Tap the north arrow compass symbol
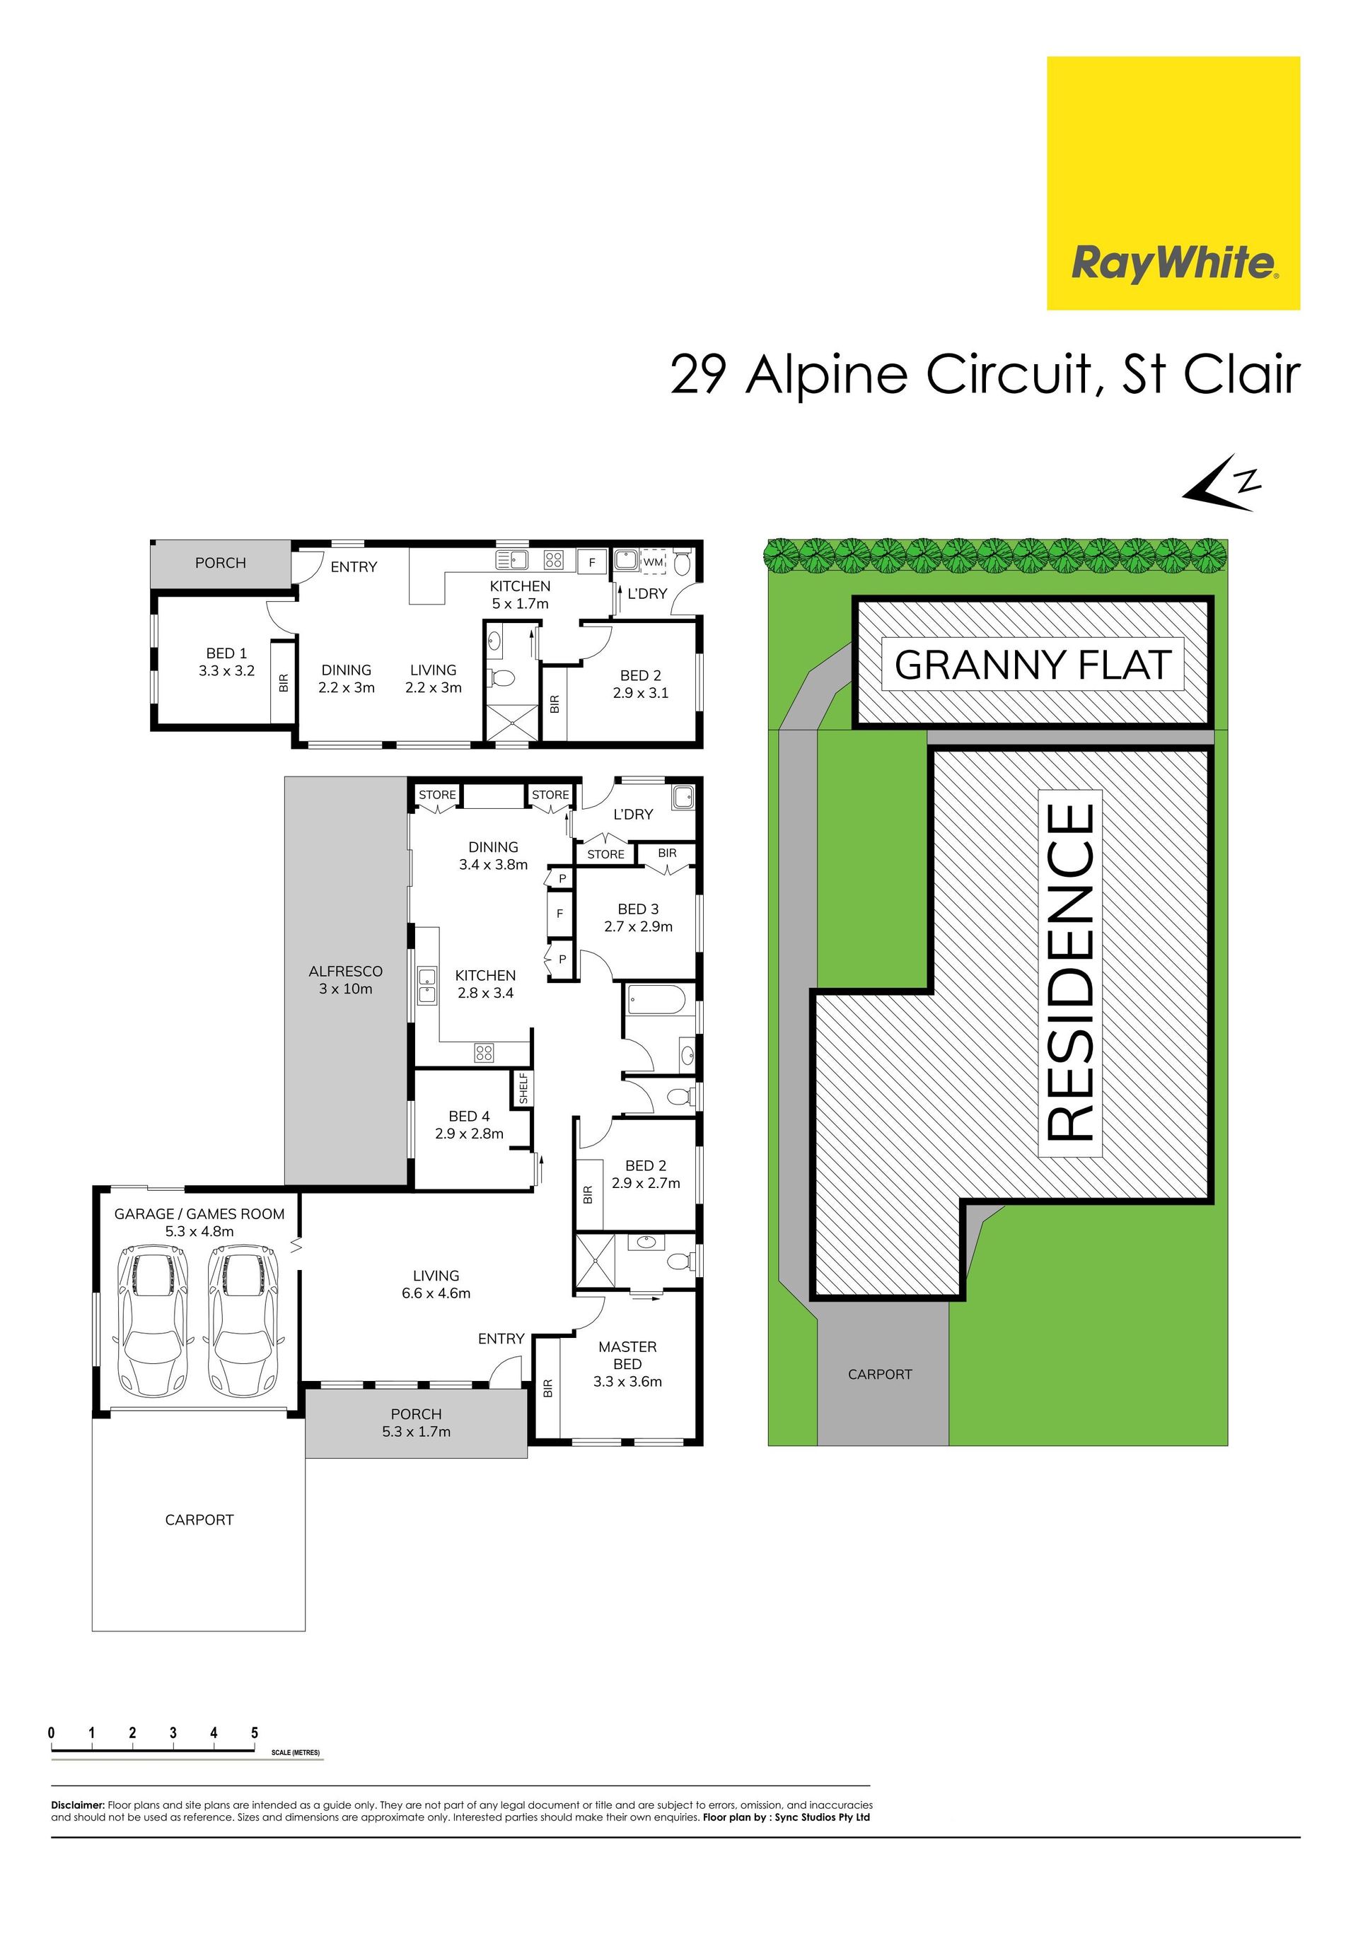pyautogui.click(x=1221, y=484)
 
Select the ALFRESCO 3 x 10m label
pyautogui.click(x=345, y=979)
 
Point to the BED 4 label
pyautogui.click(x=469, y=1116)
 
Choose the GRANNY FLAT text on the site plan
pyautogui.click(x=1033, y=665)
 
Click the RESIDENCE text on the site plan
pyautogui.click(x=1070, y=972)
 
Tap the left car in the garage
pyautogui.click(x=153, y=1322)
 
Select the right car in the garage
pyautogui.click(x=243, y=1322)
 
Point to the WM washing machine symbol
pyautogui.click(x=653, y=561)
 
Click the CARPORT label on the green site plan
pyautogui.click(x=879, y=1374)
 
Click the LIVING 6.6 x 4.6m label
pyautogui.click(x=436, y=1283)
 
